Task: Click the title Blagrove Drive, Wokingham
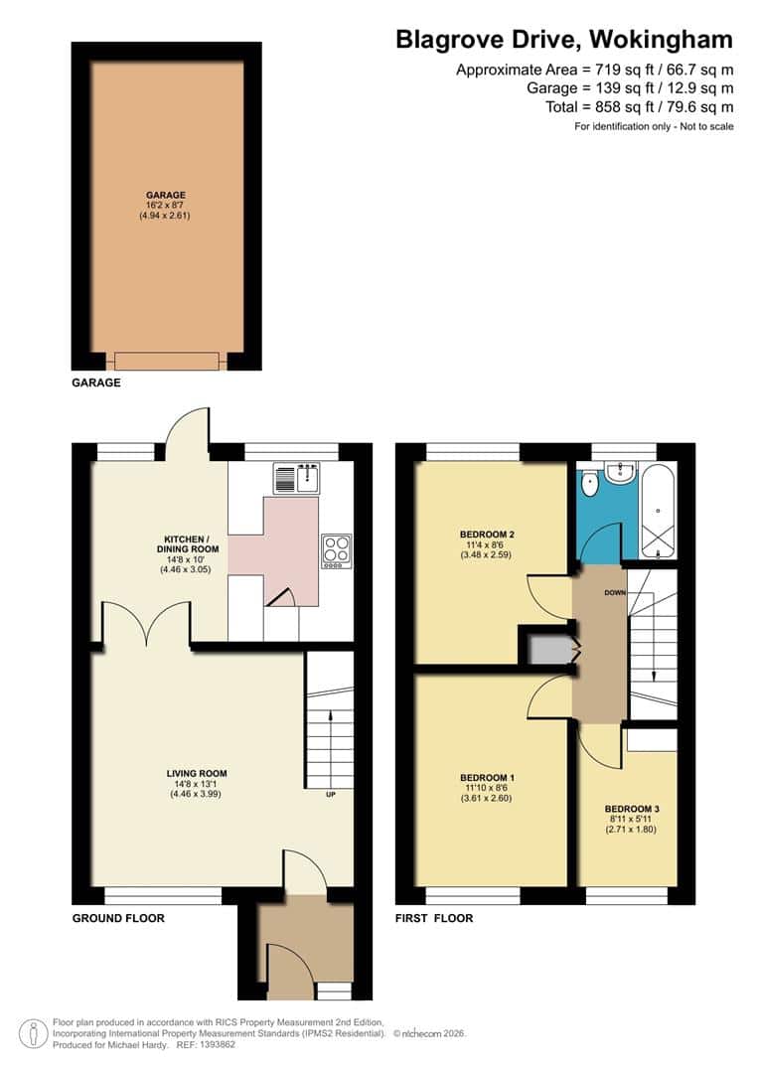pos(564,40)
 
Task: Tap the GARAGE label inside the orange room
pos(165,195)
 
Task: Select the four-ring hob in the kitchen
pos(336,550)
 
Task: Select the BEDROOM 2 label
pos(487,534)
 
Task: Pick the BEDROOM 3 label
pos(631,809)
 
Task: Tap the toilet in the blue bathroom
pos(590,485)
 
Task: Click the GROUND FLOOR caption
pos(118,918)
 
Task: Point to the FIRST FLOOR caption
pos(433,918)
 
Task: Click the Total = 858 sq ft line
pos(640,107)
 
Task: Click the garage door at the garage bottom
pos(166,361)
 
